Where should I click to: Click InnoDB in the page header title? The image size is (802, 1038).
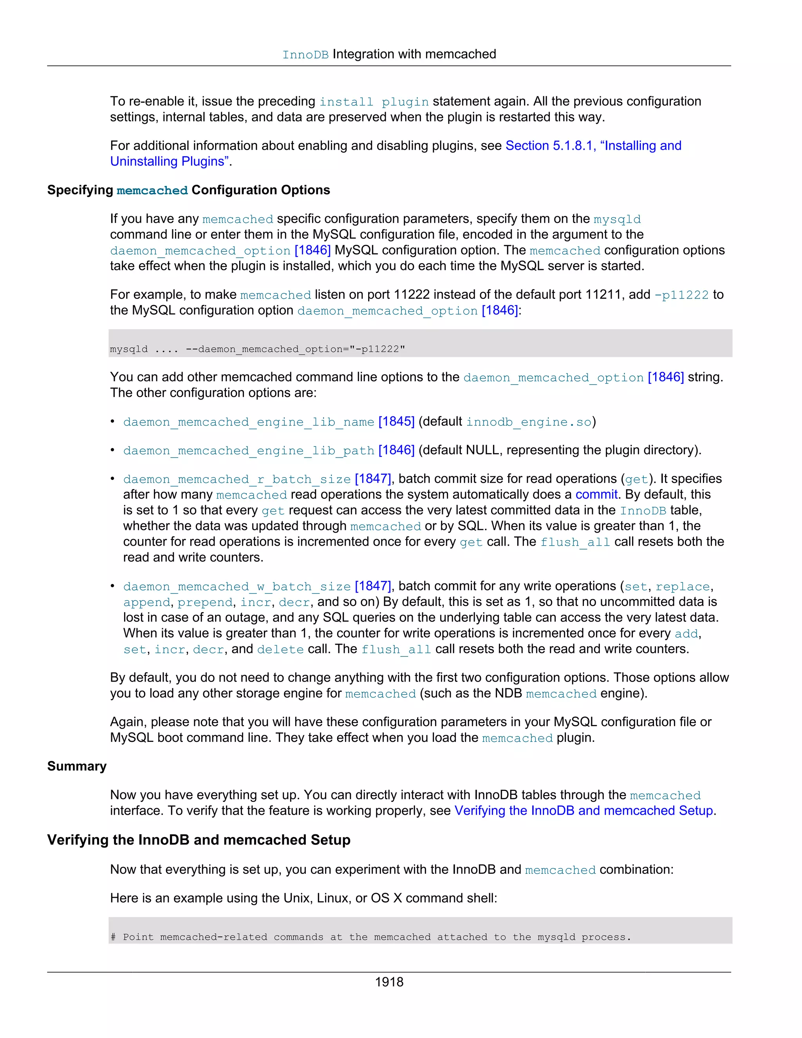coord(305,55)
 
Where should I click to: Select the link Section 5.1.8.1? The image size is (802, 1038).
coord(550,145)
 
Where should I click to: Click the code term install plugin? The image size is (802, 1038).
coord(374,102)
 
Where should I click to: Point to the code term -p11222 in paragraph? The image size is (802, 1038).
coord(681,295)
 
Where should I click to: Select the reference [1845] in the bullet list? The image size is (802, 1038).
coord(396,421)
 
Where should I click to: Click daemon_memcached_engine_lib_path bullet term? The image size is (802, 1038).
coord(249,450)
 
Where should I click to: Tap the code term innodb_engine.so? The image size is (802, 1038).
coord(529,422)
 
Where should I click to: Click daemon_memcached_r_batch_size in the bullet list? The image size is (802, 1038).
coord(237,479)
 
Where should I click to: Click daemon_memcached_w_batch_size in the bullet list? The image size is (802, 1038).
coord(237,586)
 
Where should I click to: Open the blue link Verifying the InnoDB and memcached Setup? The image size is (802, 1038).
coord(583,810)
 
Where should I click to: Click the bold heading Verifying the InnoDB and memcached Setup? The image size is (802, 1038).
coord(199,840)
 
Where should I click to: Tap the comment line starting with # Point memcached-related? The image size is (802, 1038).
coord(370,937)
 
